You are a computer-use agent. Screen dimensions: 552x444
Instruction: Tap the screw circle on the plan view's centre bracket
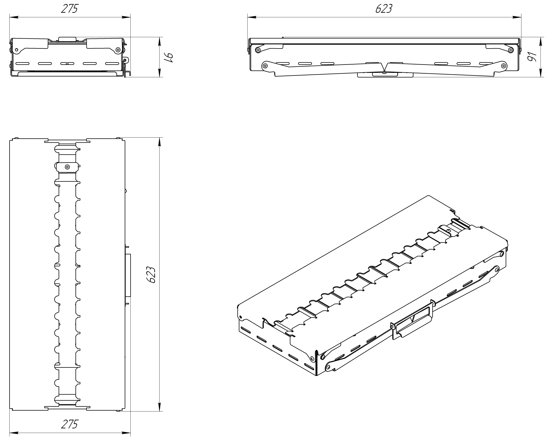click(67, 167)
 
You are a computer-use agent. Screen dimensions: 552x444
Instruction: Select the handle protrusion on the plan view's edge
click(128, 275)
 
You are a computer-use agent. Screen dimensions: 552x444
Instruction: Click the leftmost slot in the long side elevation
click(282, 63)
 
